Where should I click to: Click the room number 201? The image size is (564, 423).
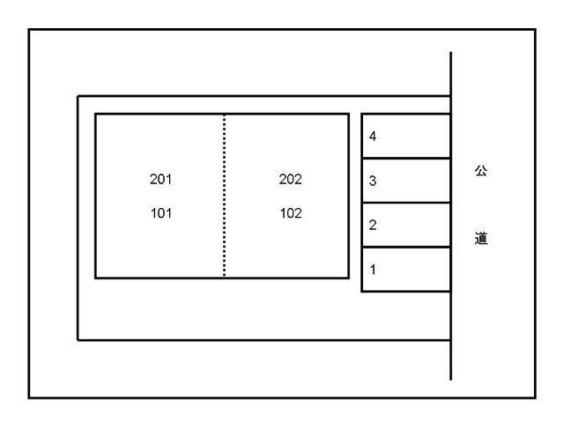tap(160, 179)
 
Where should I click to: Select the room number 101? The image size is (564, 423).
tap(160, 212)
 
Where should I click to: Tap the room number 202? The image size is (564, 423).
tap(290, 179)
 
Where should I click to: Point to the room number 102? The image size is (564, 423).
tap(290, 212)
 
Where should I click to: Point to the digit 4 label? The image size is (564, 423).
tap(374, 137)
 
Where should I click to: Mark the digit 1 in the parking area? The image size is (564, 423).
tap(374, 270)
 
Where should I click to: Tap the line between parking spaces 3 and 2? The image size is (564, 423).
tap(406, 203)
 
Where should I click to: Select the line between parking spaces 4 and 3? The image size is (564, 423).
tap(406, 158)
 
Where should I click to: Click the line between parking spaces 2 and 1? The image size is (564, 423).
tap(406, 247)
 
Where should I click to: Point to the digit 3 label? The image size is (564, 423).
tap(374, 182)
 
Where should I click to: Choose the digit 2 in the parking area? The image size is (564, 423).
tap(374, 226)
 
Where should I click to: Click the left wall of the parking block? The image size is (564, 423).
tap(362, 202)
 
